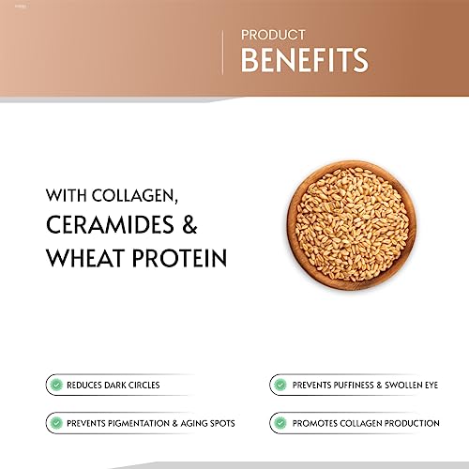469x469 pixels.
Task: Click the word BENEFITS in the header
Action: [x=305, y=60]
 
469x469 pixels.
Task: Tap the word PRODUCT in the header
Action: [x=273, y=35]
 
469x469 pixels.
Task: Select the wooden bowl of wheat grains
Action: [x=352, y=225]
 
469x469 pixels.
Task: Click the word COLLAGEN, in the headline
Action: [x=135, y=196]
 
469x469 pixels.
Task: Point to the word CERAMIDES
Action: [x=110, y=224]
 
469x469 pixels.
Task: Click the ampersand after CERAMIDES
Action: [x=189, y=224]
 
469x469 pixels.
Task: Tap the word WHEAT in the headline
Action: [x=85, y=258]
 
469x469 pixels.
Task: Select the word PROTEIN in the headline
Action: [x=179, y=258]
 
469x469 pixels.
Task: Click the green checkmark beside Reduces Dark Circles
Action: [x=56, y=385]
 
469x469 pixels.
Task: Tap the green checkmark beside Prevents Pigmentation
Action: [x=56, y=423]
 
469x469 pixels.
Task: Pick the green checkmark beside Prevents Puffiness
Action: [x=280, y=385]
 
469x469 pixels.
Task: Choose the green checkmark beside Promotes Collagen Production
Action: [x=280, y=423]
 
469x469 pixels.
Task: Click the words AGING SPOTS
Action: [x=207, y=423]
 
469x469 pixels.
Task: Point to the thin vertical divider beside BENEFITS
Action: [x=222, y=53]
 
